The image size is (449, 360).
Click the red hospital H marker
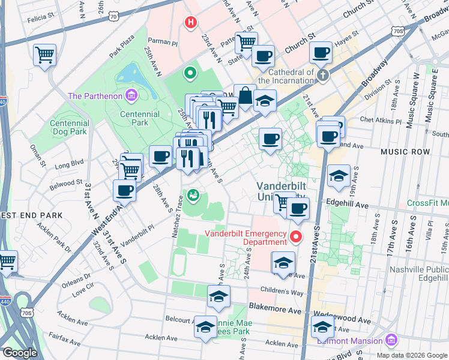tap(191, 23)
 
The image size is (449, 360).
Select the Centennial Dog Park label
tap(70, 128)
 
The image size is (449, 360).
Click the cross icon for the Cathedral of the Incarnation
tap(323, 75)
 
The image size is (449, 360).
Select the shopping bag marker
tap(245, 95)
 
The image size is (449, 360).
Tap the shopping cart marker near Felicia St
tap(45, 55)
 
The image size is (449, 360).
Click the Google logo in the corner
tap(20, 353)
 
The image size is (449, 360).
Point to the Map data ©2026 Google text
tap(411, 355)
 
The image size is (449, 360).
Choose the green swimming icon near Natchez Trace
tap(193, 195)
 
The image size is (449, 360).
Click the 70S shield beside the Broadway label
tap(397, 30)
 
